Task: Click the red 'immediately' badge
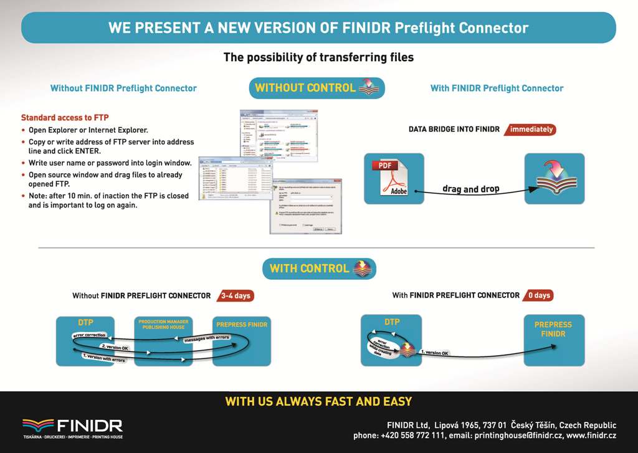coord(531,130)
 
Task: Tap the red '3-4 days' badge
coord(236,295)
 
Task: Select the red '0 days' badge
coord(538,295)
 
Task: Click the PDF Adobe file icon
coord(393,179)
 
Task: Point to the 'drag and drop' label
coord(471,189)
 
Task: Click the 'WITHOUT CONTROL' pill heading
coord(317,88)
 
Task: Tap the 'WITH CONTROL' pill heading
coord(319,269)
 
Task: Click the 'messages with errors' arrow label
coord(207,338)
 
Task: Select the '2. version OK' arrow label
coord(115,347)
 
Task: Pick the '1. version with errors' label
coord(104,358)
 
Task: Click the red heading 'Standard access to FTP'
coord(65,117)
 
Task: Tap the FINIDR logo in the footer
coord(72,427)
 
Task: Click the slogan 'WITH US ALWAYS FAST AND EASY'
coord(318,402)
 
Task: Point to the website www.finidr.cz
coord(591,436)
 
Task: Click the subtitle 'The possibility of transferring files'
coord(318,57)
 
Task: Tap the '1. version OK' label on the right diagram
coord(435,353)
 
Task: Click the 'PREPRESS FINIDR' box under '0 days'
coord(553,340)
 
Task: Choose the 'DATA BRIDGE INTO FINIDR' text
coord(454,130)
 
